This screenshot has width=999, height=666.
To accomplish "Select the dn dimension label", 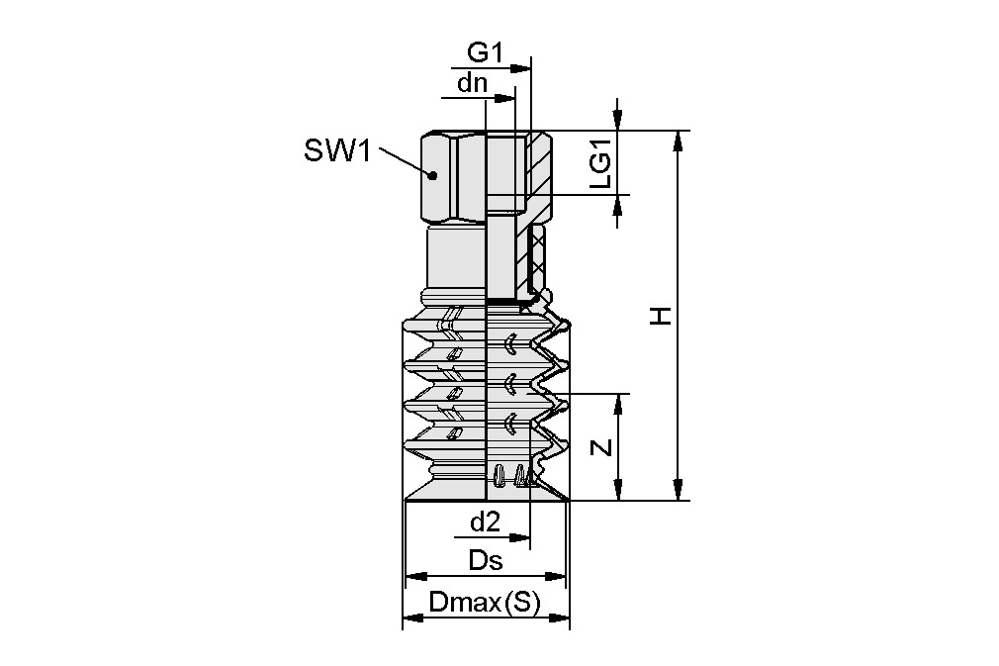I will (472, 83).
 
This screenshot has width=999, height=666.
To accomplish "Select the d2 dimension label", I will (485, 522).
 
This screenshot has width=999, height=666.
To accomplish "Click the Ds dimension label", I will (486, 561).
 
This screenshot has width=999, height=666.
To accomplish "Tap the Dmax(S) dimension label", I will (485, 603).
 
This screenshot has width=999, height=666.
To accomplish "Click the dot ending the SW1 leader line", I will (432, 174).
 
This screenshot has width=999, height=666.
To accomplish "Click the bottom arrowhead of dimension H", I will (678, 491).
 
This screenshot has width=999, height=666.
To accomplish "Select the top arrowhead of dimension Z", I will (619, 403).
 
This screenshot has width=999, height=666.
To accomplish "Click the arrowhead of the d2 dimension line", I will (521, 538).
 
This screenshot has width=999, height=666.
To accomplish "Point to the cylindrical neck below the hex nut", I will (455, 259).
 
